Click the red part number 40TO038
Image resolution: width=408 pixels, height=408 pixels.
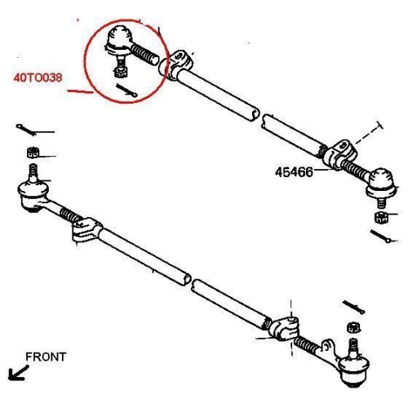[x=38, y=78]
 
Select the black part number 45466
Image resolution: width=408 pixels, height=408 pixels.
[x=294, y=172]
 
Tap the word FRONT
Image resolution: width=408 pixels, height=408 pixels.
[x=46, y=357]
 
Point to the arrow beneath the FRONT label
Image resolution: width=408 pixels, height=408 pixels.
[x=18, y=373]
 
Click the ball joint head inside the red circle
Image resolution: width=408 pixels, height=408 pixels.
[x=119, y=39]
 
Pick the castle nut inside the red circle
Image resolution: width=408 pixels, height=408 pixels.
[x=119, y=72]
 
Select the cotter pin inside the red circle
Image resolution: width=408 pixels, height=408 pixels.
[x=126, y=91]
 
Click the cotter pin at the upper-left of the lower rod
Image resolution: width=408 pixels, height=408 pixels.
[x=26, y=130]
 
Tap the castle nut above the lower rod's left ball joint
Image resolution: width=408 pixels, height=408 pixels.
[x=33, y=153]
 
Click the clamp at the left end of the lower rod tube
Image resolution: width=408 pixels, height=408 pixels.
[x=86, y=230]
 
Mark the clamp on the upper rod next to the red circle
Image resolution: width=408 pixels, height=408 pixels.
[x=175, y=64]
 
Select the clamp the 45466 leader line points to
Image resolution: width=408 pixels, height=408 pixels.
[x=339, y=155]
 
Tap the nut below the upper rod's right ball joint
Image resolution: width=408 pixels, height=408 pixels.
[x=381, y=218]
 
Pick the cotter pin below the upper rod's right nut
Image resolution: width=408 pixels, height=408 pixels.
[x=381, y=236]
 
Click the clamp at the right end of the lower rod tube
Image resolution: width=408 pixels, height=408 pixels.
[x=283, y=329]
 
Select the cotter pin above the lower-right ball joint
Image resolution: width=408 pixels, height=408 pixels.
[x=353, y=307]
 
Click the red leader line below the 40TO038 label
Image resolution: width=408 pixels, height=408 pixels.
[x=81, y=91]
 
